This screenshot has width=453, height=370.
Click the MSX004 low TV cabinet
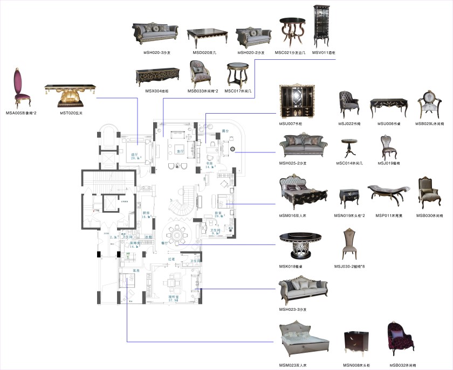coord(157,75)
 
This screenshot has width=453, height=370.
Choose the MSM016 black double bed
coord(302,193)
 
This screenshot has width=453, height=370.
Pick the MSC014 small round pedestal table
coord(349,148)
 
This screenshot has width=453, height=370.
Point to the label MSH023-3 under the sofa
coord(294,309)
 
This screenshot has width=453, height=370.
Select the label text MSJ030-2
coord(349,266)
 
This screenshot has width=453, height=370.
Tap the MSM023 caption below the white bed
coord(294,365)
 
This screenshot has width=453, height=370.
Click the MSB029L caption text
coord(430,123)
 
